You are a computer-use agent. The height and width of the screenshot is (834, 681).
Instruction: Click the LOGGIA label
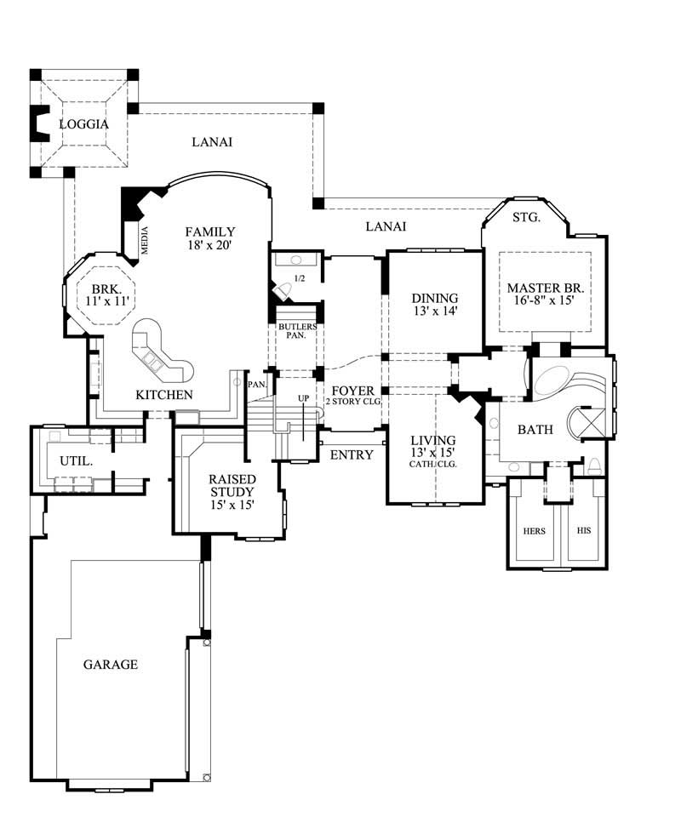(x=83, y=124)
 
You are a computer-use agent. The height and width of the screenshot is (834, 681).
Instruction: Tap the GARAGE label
(x=110, y=664)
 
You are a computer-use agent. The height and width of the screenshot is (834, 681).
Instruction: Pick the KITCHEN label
(x=164, y=395)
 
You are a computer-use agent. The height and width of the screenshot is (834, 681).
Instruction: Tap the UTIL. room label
(x=76, y=460)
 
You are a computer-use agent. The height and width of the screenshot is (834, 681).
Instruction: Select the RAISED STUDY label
(x=232, y=484)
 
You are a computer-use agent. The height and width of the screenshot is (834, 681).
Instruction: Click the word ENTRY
(x=351, y=455)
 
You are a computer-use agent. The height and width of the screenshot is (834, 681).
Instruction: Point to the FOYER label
(x=352, y=391)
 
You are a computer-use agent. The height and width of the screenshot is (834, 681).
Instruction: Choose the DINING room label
(x=434, y=298)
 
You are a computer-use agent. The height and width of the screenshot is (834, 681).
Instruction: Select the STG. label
(x=526, y=218)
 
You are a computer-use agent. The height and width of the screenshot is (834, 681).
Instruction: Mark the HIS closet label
(x=584, y=531)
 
